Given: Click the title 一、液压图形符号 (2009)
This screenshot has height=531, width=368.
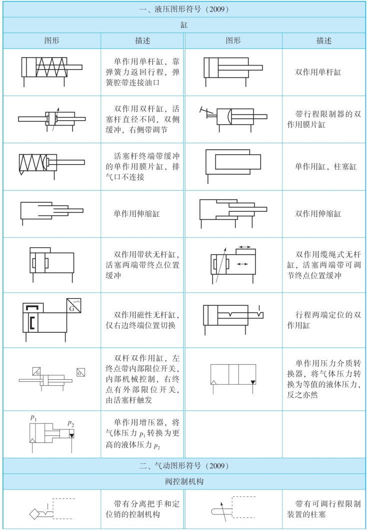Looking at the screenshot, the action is point(183,9).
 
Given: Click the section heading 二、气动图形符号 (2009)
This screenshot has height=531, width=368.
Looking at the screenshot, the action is point(183,466).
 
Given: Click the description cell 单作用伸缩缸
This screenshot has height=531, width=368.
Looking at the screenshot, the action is point(137,213).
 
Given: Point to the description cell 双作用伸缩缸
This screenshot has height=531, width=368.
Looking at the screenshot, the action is point(318,213).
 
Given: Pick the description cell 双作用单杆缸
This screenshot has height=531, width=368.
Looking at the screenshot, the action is point(318,72).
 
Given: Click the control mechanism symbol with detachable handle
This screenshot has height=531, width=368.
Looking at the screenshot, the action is point(51,509).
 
